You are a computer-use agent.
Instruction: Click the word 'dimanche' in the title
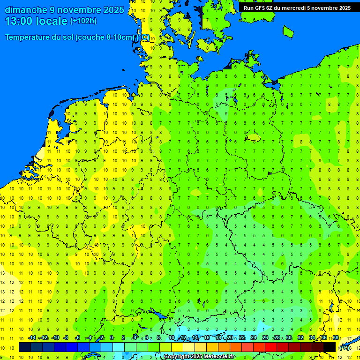25,10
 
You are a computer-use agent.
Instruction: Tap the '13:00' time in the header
17,21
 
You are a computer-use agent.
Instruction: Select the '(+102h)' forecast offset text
83,21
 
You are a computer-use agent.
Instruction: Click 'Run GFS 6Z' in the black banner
258,8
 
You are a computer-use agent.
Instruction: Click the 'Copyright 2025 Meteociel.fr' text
199,357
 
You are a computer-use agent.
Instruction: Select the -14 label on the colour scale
32,338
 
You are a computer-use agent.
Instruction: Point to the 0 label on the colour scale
111,338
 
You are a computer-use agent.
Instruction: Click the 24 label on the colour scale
254,338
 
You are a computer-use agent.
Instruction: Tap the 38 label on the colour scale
335,338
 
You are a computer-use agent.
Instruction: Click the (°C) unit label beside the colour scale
345,347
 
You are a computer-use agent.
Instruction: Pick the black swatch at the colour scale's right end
330,347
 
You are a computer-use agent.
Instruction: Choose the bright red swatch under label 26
271,347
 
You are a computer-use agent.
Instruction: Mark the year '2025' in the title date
113,10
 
